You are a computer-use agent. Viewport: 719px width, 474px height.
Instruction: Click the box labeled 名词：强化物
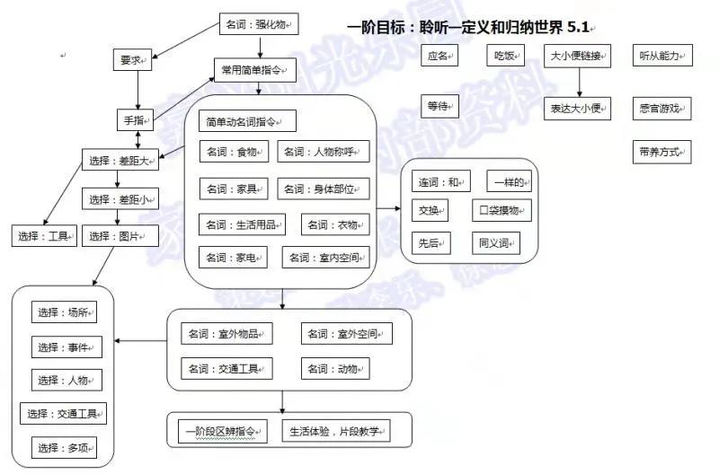[x=259, y=25]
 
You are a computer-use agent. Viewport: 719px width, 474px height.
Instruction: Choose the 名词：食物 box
[x=234, y=151]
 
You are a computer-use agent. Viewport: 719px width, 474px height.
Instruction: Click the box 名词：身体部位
[x=324, y=189]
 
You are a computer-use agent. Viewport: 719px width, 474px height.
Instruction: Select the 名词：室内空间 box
[x=325, y=258]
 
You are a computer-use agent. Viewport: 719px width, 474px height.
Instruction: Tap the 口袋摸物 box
[x=503, y=211]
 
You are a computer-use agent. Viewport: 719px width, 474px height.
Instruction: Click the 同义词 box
[x=495, y=242]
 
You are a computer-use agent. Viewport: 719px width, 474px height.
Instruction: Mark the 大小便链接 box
[x=579, y=57]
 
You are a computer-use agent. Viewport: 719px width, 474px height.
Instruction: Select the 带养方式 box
[x=661, y=152]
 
